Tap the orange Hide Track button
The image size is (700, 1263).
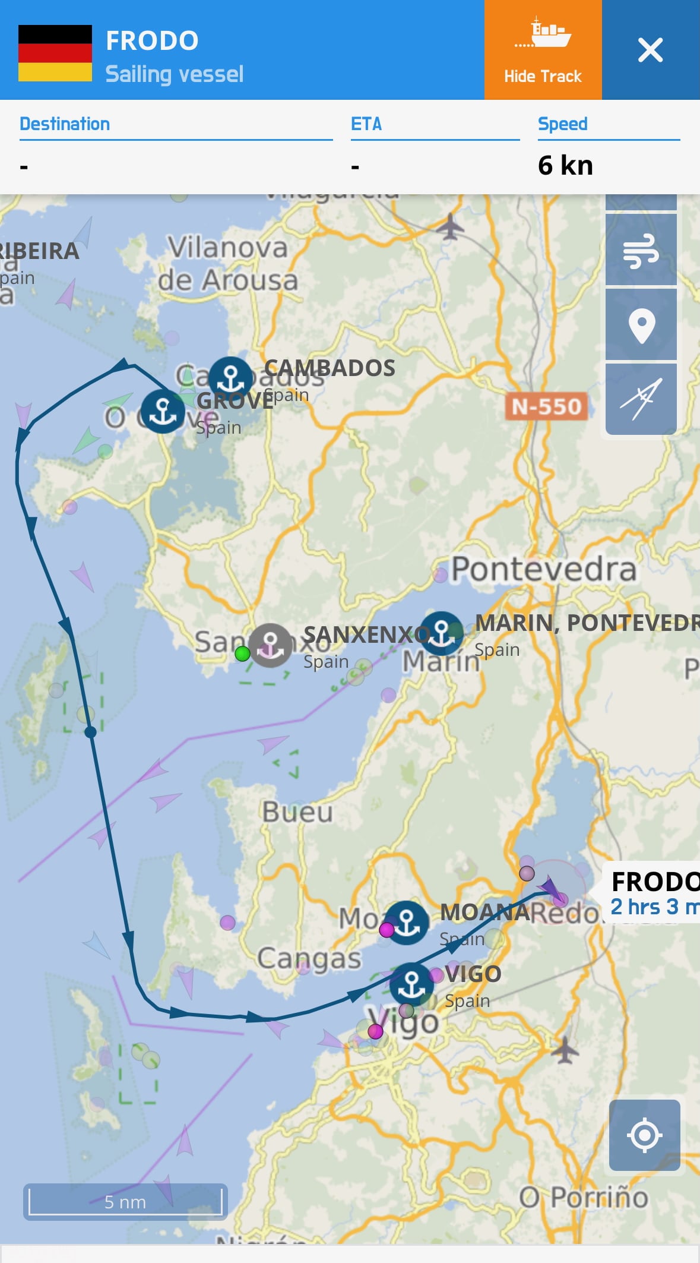pyautogui.click(x=543, y=50)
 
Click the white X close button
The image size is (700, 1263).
pyautogui.click(x=650, y=50)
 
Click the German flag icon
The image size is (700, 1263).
pyautogui.click(x=55, y=53)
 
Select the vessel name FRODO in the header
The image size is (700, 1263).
pyautogui.click(x=152, y=41)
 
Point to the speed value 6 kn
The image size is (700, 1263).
pyautogui.click(x=565, y=165)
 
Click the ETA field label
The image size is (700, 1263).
pyautogui.click(x=366, y=124)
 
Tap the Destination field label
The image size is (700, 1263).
pyautogui.click(x=65, y=124)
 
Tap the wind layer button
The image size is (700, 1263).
pyautogui.click(x=641, y=250)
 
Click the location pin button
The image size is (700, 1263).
pyautogui.click(x=641, y=325)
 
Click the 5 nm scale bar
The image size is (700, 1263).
pyautogui.click(x=125, y=1201)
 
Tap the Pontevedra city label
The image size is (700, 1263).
pyautogui.click(x=543, y=569)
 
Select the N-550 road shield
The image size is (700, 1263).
pyautogui.click(x=546, y=407)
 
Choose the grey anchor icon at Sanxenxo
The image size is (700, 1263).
pyautogui.click(x=270, y=645)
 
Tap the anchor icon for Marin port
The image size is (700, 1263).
pyautogui.click(x=441, y=632)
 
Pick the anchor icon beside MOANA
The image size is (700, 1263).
pyautogui.click(x=407, y=923)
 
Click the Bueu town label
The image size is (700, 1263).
pyautogui.click(x=297, y=812)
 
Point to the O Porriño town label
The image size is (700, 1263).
pyautogui.click(x=583, y=1196)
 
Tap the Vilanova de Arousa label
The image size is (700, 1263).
pyautogui.click(x=228, y=263)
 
